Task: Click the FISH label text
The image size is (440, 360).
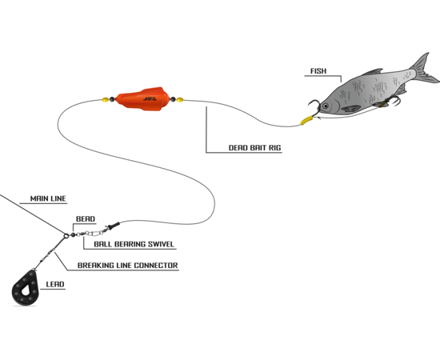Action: coord(318,71)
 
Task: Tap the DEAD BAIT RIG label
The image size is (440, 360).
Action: coord(254,147)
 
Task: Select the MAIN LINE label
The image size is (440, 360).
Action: coord(48,198)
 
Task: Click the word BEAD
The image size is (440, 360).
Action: coord(86,219)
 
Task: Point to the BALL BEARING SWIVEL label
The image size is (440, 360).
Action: coord(134,244)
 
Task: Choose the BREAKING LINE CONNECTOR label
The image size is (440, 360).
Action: coord(128,265)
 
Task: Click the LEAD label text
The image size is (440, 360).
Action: coord(55,284)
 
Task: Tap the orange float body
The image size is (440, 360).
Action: coord(143,98)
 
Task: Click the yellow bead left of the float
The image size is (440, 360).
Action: coord(106,99)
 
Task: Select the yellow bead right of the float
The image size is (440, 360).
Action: coord(179,99)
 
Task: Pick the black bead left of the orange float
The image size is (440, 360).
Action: coord(112,99)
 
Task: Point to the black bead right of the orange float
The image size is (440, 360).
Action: coord(173,99)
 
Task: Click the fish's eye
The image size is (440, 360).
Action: coord(326,106)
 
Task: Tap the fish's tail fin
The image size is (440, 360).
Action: coord(424,69)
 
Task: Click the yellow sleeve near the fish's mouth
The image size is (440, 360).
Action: coord(306,120)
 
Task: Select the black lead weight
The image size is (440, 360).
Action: coord(25,288)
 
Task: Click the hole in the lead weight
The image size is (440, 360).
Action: coord(26,290)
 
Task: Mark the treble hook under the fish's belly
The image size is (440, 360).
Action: coord(394,101)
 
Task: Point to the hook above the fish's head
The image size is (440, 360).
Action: coord(315,106)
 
